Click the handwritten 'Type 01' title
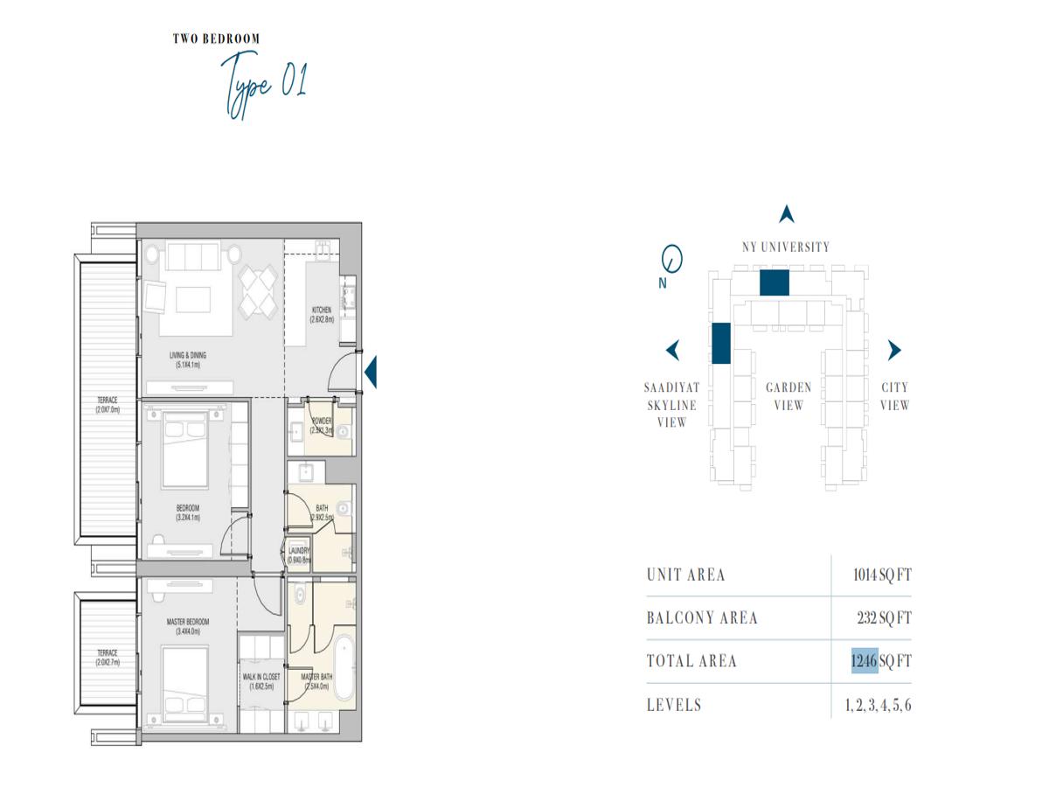coord(262,86)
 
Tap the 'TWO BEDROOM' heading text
coord(216,38)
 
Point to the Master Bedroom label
coord(188,626)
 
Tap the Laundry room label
coord(299,555)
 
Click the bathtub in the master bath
coord(342,669)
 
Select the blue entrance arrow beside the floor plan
coord(370,372)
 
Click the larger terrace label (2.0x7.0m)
coord(108,404)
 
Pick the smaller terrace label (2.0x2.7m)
coord(107,657)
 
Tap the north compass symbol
coord(671,259)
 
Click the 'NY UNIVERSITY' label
coord(786,247)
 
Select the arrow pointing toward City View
coord(893,351)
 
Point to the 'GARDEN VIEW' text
coord(788,396)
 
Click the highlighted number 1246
coord(864,660)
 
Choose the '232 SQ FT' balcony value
coord(883,618)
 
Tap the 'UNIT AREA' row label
coord(685,575)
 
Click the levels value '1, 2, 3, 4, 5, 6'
coord(878,705)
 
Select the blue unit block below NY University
coord(774,282)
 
